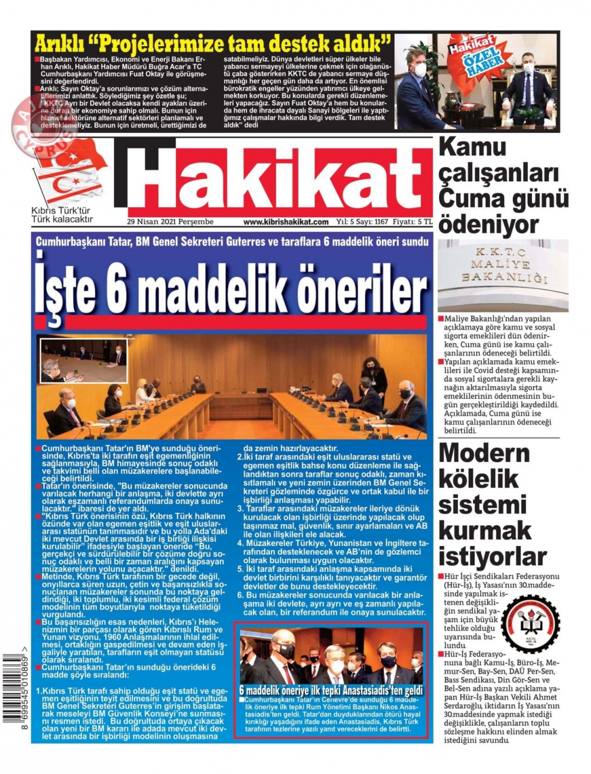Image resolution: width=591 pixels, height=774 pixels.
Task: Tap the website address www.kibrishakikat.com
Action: [285, 222]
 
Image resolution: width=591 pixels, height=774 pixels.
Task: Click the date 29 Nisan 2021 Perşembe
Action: [170, 222]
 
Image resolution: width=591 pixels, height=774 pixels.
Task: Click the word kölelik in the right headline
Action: [479, 479]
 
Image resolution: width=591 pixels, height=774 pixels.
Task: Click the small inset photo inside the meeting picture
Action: [83, 360]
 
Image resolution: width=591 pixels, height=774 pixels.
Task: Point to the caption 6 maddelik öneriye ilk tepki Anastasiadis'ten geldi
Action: [331, 690]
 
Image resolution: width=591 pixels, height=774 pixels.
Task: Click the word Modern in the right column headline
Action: [484, 453]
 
